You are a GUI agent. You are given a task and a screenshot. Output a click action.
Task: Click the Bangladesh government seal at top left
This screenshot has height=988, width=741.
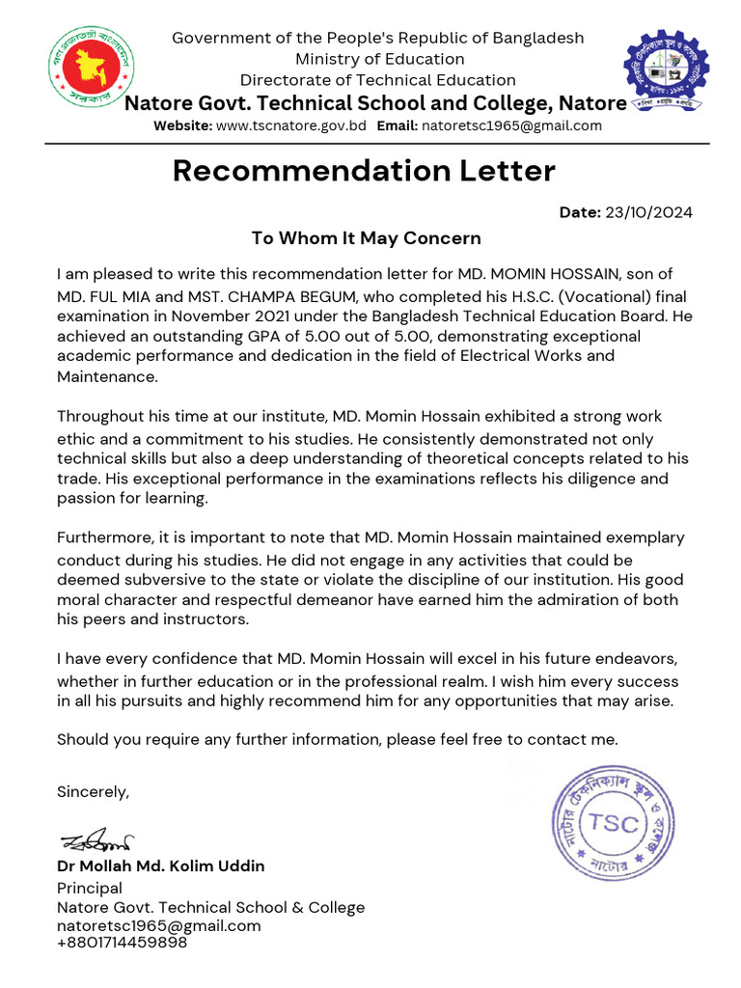(x=89, y=69)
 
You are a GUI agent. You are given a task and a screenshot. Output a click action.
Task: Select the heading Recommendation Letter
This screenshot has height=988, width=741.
(x=364, y=172)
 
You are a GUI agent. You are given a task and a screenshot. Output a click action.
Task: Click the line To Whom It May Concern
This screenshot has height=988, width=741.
(x=366, y=237)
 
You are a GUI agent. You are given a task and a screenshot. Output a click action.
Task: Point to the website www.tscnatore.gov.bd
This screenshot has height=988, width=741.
(x=290, y=125)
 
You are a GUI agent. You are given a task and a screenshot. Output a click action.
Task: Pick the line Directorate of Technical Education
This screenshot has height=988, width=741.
(x=377, y=80)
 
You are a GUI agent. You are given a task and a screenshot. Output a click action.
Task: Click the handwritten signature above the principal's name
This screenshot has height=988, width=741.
(x=97, y=841)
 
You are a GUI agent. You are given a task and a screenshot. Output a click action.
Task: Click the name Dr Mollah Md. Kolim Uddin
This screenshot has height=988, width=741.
(x=161, y=865)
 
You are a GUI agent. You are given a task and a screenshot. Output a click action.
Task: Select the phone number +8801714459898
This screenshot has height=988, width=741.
(x=122, y=943)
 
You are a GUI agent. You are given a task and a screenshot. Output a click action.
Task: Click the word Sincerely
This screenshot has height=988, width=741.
(x=93, y=792)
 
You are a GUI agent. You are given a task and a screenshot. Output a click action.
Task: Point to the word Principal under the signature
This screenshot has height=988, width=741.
(x=90, y=888)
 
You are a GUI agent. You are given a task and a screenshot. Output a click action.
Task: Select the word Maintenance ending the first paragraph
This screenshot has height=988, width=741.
(x=105, y=376)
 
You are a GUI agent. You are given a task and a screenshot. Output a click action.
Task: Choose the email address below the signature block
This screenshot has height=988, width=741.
(x=159, y=925)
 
